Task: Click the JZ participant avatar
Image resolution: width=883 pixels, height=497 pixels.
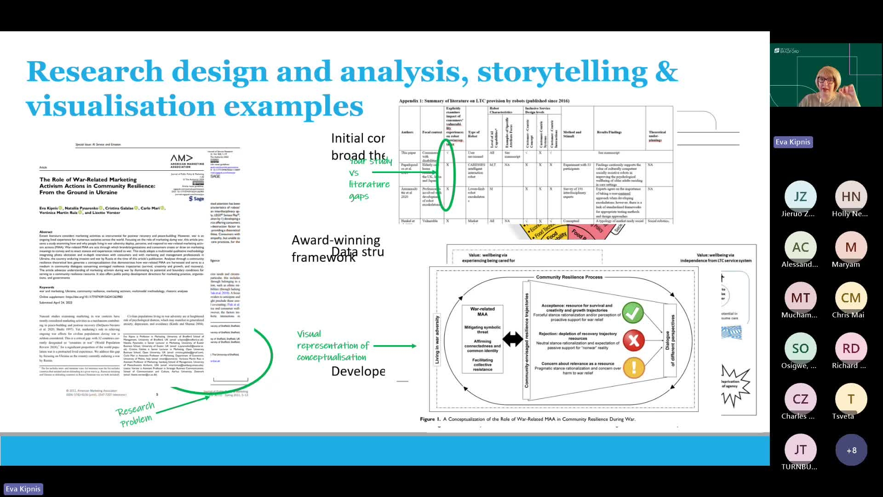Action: tap(800, 197)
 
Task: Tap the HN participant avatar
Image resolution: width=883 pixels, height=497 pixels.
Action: tap(851, 197)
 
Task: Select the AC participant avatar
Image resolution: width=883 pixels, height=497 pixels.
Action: tap(800, 248)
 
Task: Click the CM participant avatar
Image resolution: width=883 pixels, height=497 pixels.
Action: tap(851, 298)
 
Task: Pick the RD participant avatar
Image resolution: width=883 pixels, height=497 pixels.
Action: tap(851, 349)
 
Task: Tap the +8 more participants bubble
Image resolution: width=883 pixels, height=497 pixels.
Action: tap(851, 450)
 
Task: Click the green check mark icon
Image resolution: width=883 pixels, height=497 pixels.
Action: tap(633, 312)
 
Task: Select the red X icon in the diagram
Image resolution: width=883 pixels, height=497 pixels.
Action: tap(633, 341)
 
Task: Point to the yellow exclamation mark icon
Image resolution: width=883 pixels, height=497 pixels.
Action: tap(634, 367)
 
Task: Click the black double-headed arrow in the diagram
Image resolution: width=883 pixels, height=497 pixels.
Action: tap(512, 340)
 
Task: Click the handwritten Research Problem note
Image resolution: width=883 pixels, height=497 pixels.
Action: tap(135, 414)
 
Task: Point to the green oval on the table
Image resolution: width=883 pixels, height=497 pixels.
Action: tap(446, 175)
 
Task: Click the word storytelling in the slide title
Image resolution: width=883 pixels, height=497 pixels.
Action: tap(562, 72)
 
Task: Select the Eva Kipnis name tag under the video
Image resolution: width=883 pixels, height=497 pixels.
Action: tap(793, 142)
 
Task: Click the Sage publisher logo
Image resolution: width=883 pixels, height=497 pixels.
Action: tap(197, 199)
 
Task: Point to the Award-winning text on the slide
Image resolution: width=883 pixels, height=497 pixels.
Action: tap(336, 240)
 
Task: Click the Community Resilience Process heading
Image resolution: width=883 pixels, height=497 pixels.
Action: tap(569, 277)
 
